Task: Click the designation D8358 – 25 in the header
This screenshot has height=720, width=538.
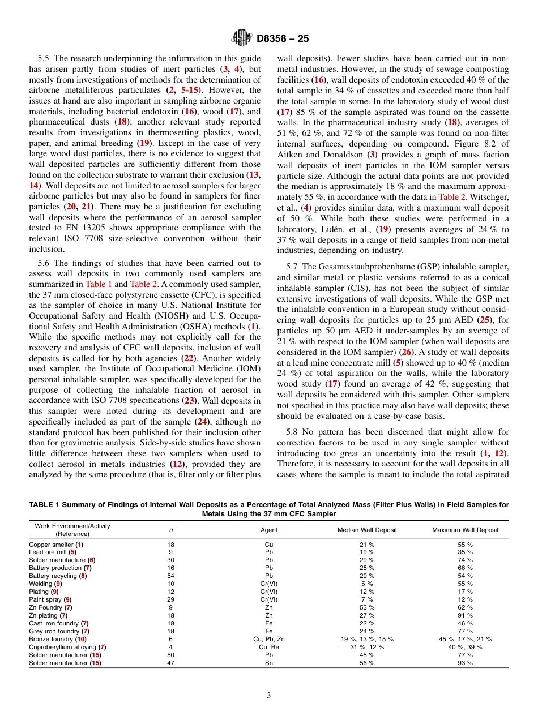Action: click(283, 39)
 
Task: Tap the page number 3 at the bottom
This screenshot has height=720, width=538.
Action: click(269, 695)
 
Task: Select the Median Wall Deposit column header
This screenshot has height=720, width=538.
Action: click(367, 530)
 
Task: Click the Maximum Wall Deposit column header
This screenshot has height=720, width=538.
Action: click(465, 530)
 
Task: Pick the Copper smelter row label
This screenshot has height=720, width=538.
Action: click(56, 544)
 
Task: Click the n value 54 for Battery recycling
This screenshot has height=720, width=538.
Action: click(170, 576)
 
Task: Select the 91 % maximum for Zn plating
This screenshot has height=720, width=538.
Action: click(465, 615)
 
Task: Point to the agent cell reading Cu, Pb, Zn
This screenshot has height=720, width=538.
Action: click(269, 639)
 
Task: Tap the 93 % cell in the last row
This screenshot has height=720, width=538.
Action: click(465, 663)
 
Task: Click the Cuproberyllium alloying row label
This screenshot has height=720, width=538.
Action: click(67, 647)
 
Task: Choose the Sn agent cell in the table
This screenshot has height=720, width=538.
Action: click(269, 663)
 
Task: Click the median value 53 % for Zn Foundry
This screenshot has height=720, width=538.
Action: click(367, 607)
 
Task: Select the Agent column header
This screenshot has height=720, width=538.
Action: click(269, 530)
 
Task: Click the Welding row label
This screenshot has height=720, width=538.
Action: click(45, 584)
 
